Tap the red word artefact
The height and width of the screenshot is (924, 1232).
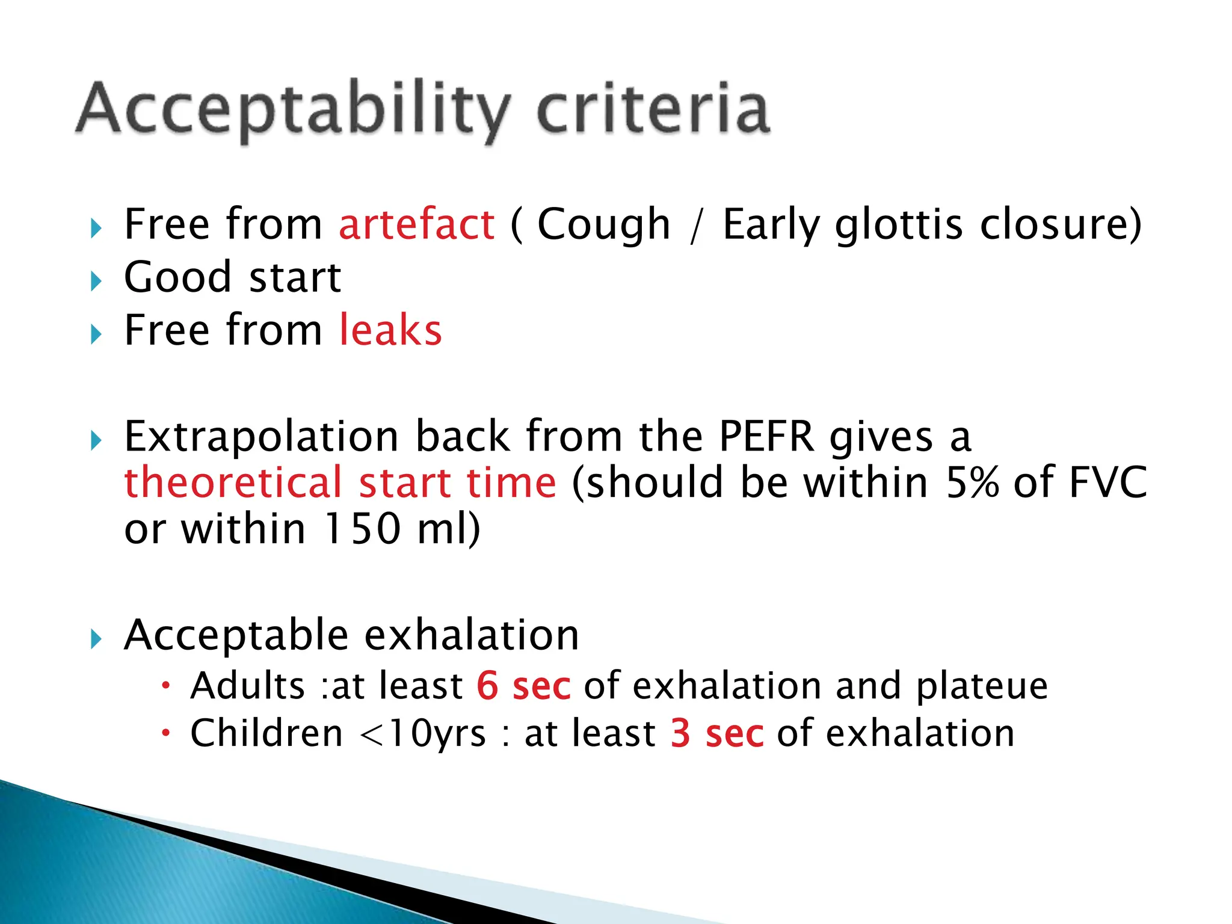[416, 224]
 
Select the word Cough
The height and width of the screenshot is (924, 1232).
[603, 224]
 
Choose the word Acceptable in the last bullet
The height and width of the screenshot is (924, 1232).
[236, 635]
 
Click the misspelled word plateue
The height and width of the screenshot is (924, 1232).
[982, 686]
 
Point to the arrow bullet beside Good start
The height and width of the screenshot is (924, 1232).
[96, 281]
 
